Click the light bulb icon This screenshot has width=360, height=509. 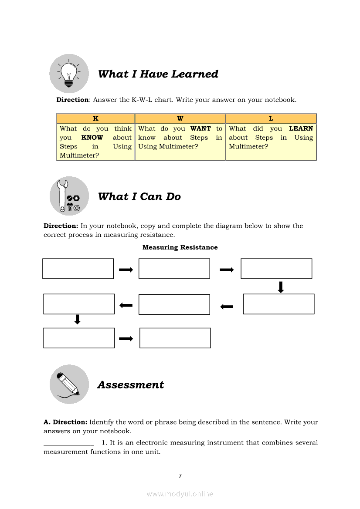coord(69,73)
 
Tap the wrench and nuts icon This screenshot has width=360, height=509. coord(69,196)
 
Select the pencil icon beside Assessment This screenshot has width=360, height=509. coord(69,384)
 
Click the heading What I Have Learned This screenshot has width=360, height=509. coord(158,74)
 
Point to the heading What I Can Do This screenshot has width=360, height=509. coord(139,197)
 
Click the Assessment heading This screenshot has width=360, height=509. coord(131,385)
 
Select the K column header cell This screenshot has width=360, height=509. coord(96,118)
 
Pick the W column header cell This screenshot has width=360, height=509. coord(180,118)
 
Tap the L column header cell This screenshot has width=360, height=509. coord(271,118)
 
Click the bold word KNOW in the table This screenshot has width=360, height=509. coord(92,138)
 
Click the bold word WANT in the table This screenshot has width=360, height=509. coord(200,128)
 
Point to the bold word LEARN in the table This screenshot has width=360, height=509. coord(301,128)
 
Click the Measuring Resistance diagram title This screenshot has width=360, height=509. coord(180,247)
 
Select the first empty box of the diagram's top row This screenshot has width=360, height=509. coord(78,269)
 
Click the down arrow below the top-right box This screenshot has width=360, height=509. coord(281,287)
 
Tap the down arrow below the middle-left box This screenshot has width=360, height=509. coord(78,320)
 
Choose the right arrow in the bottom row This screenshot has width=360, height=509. coord(126,338)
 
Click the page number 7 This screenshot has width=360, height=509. coord(180,476)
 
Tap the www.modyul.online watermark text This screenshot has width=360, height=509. coord(180,494)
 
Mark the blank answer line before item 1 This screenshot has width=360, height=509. coord(68,444)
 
